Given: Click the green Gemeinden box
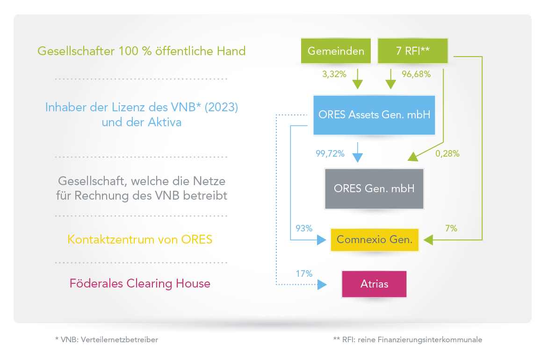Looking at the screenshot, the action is (x=336, y=51).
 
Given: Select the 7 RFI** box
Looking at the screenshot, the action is (x=413, y=51).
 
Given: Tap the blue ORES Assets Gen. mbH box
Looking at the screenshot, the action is (x=375, y=115).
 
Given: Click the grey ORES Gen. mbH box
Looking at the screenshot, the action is (x=375, y=189).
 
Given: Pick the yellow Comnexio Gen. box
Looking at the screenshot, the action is (x=375, y=240).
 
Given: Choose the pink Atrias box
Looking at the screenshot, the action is (x=375, y=284).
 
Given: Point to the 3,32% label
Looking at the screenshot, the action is (x=334, y=74).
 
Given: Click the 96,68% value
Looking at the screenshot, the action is (x=416, y=74).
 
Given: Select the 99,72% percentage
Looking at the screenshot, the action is (x=330, y=153).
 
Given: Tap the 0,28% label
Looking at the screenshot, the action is (x=447, y=153).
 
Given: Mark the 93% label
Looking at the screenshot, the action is (x=304, y=228).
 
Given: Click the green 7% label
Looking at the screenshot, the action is (x=451, y=228).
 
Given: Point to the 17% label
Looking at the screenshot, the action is (x=304, y=274).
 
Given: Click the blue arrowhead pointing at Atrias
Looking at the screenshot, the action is (x=322, y=285).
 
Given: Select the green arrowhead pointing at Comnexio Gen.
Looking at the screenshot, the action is (x=428, y=240).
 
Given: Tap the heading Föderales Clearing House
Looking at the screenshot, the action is (x=140, y=283).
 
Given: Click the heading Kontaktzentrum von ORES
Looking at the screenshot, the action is (x=140, y=239).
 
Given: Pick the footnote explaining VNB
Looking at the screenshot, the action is (x=107, y=340).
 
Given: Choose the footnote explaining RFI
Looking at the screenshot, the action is (x=408, y=340).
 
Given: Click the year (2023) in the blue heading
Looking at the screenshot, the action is (x=221, y=107).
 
